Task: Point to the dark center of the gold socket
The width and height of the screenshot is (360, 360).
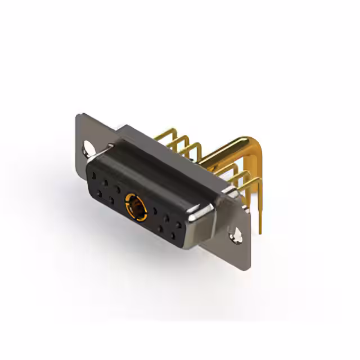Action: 135,205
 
